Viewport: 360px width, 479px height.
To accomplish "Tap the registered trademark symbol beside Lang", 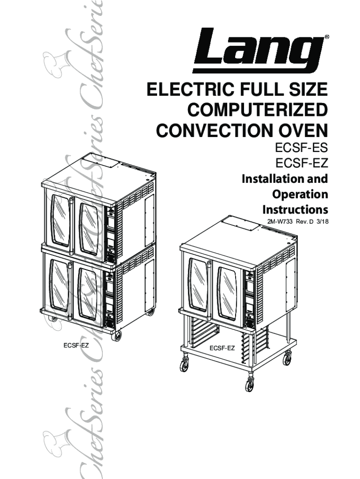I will pyautogui.click(x=326, y=36).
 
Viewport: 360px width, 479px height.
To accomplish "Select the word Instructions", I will pyautogui.click(x=295, y=209).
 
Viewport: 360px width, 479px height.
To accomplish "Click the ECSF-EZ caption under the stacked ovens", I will pyautogui.click(x=76, y=346).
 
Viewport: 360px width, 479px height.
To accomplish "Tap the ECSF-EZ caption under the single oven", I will pyautogui.click(x=222, y=348).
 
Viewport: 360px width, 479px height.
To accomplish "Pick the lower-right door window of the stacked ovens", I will pyautogui.click(x=88, y=293).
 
